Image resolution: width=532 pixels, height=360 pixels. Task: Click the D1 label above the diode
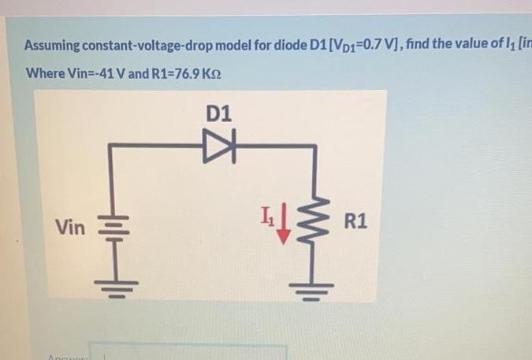tap(220, 113)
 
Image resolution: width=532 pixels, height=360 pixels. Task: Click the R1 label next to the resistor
tap(355, 221)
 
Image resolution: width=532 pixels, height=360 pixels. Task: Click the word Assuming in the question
tap(54, 45)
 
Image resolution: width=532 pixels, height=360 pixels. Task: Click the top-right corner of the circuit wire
tap(319, 144)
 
